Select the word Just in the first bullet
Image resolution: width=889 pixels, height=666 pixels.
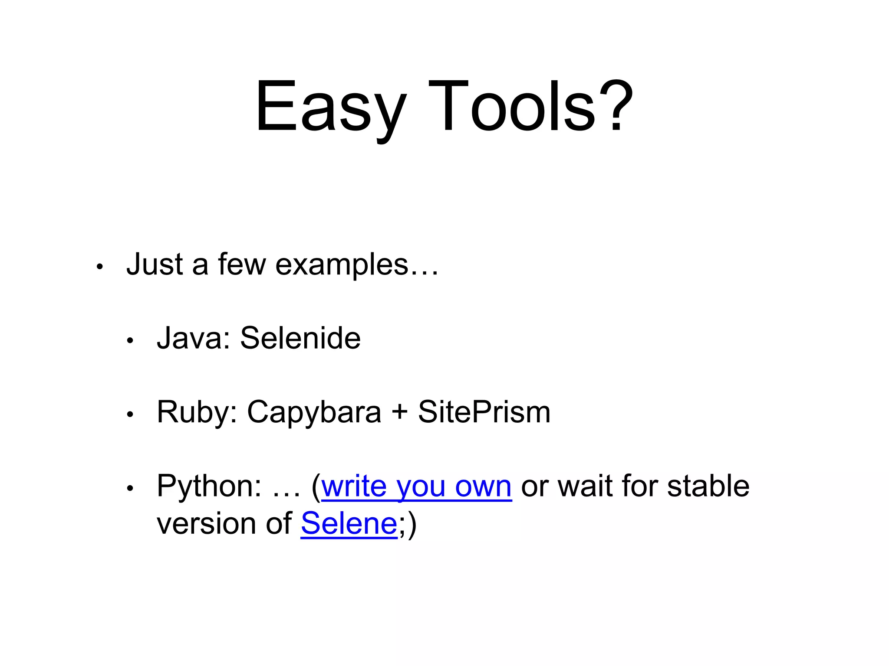pos(155,264)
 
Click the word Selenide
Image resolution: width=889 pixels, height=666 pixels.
pos(300,338)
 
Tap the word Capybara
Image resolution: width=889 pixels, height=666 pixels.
pos(314,412)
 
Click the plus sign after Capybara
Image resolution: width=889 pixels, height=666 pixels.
pos(399,412)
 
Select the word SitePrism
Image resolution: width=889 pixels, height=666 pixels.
pos(484,412)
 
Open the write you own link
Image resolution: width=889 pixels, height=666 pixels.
pos(416,486)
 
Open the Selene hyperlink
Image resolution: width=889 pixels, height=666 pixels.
pos(349,524)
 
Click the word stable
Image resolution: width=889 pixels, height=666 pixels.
pos(708,486)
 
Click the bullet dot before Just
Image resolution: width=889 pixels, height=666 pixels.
pos(99,267)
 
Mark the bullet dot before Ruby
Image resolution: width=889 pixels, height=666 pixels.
pos(129,415)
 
